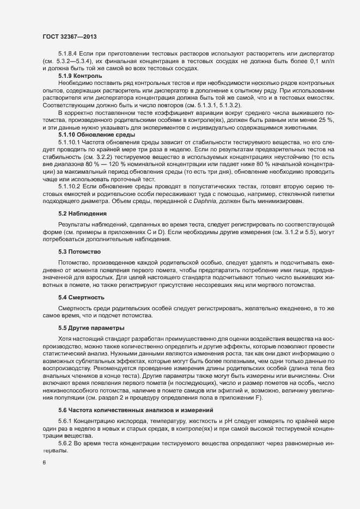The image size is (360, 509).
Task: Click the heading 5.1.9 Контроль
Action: point(80,76)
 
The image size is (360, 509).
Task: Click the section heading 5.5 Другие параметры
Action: point(91,328)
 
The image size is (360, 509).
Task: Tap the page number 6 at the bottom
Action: point(44,462)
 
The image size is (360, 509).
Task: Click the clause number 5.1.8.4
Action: point(69,56)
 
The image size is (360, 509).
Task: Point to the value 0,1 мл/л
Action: point(329,63)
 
